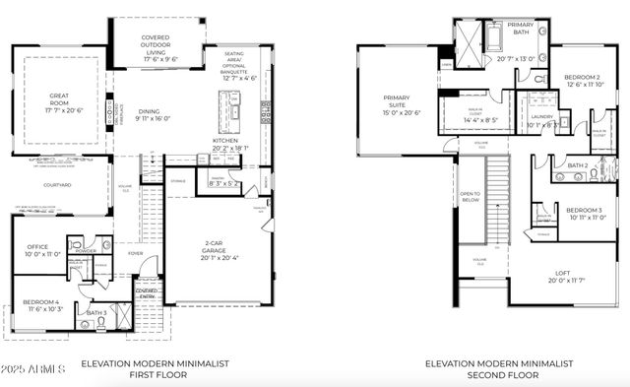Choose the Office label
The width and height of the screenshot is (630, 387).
pos(37,247)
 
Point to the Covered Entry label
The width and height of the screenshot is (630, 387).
pos(146,291)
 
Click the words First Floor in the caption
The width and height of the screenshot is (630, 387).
pos(155,375)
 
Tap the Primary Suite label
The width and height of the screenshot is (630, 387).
pos(404,105)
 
